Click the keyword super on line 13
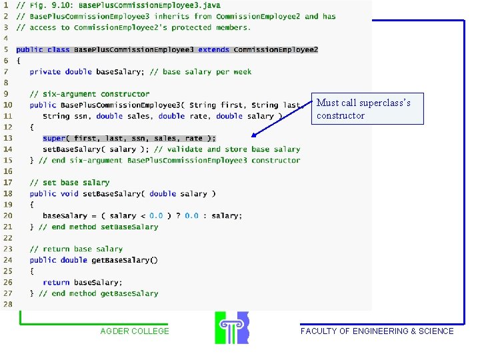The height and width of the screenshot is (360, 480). coord(54,139)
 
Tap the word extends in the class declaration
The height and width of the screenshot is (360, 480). coord(214,49)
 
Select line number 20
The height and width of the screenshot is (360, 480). coord(7,216)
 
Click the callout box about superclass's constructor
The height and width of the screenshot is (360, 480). coord(367,109)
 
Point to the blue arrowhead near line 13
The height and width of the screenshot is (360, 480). coord(254,135)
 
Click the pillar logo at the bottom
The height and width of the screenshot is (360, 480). coord(232,327)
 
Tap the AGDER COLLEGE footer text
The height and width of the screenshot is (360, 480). coord(135,331)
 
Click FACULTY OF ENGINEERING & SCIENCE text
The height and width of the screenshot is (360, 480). coord(377,331)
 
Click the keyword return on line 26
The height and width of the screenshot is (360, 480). coord(56,282)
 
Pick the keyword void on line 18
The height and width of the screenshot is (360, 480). coord(69,194)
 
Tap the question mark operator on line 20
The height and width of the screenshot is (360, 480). coord(178,216)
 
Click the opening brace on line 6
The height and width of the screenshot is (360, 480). coord(19,61)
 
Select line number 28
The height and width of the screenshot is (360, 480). coord(7,304)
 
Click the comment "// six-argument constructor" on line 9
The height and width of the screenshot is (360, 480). coord(90,94)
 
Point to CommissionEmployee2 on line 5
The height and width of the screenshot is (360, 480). coord(276,49)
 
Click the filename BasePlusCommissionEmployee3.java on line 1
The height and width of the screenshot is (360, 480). coord(149,5)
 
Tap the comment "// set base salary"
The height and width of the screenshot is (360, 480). coord(69,183)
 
